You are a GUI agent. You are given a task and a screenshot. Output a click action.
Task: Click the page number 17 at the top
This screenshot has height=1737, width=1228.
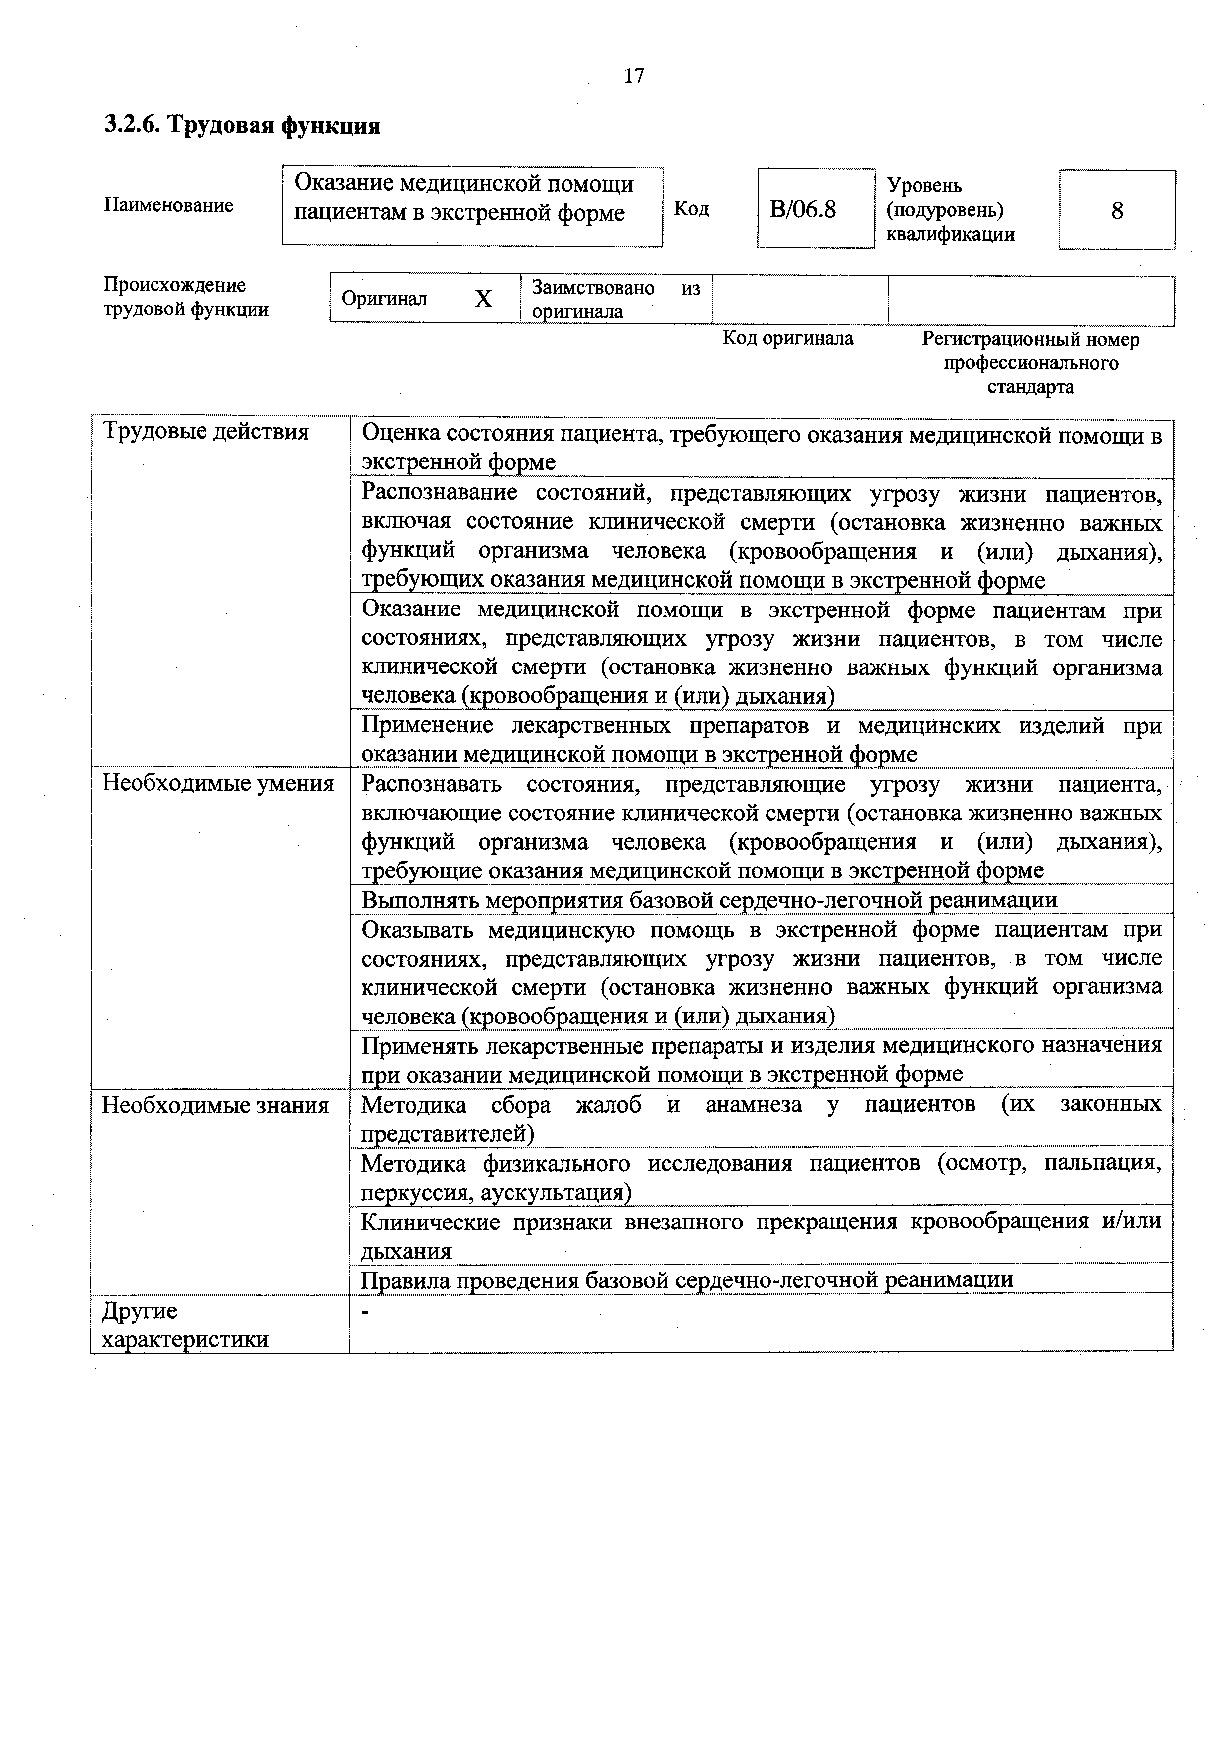pos(633,76)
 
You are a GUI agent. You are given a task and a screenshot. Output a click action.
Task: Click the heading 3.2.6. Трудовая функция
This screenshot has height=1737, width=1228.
pos(242,125)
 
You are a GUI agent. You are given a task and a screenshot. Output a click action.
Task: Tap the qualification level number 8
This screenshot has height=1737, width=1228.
pos(1117,211)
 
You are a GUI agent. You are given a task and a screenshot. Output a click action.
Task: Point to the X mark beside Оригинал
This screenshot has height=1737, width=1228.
pos(483,300)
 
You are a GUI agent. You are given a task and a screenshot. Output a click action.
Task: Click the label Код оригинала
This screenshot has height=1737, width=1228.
pos(788,338)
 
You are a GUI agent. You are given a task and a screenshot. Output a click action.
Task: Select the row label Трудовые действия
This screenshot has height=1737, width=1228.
pos(206,432)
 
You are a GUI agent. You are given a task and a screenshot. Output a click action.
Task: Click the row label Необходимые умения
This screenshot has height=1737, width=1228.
pos(218,783)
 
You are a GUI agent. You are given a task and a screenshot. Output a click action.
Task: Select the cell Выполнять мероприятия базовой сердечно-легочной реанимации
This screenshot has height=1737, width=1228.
pos(709,900)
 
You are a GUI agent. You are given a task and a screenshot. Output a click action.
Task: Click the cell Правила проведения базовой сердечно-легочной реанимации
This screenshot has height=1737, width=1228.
pos(686,1280)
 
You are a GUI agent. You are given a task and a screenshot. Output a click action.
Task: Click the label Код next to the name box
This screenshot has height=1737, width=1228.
pos(691,209)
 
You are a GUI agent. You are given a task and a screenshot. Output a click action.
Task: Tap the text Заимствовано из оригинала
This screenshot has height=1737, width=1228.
pos(614,300)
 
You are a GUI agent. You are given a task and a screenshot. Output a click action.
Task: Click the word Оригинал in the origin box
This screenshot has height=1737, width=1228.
pos(384,299)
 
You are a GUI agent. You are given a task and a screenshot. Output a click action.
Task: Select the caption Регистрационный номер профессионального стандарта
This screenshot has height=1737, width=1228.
pos(1030,363)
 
